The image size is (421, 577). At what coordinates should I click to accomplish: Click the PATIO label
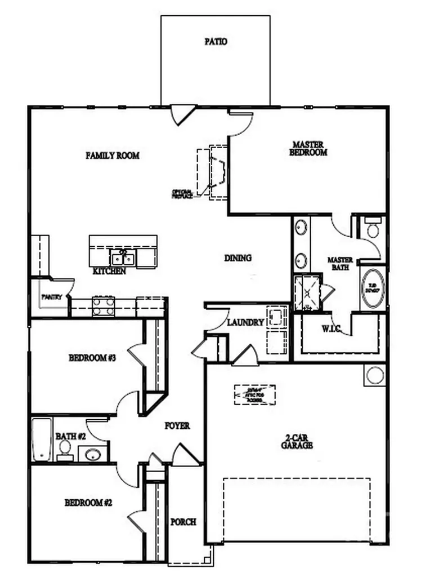216,42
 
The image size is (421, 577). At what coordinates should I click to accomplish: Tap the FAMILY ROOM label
113,156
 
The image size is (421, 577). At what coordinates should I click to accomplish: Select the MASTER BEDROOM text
308,148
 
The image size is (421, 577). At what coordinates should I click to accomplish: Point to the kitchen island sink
123,259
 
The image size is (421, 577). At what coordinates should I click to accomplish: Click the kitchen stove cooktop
104,307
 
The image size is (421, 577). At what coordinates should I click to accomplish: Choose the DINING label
238,258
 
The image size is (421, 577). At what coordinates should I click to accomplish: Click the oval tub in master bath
373,288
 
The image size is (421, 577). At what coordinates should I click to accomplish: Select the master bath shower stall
307,292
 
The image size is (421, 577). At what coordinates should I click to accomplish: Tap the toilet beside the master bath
373,229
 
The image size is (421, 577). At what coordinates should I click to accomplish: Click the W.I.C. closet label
332,328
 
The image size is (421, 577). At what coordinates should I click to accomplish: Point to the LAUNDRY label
246,323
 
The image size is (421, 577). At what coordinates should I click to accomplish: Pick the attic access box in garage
255,395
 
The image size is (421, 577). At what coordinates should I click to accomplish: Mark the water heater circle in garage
375,375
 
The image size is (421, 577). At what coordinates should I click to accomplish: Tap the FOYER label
177,426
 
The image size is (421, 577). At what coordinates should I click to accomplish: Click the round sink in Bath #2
92,454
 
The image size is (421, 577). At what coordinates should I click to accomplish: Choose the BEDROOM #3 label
92,358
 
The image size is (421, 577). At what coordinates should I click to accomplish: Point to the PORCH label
183,522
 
